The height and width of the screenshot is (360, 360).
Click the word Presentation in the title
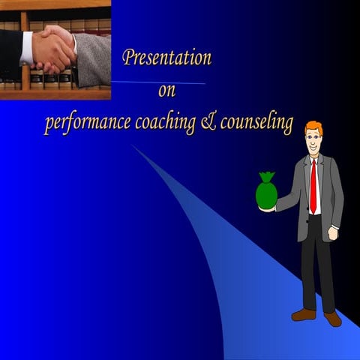pos(166,58)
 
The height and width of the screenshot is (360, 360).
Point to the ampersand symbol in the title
pos(208,124)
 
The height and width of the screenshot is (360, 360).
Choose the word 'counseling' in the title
pos(255,124)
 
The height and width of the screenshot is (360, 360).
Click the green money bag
pos(266,192)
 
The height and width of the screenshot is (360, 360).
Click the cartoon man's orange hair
pos(314,127)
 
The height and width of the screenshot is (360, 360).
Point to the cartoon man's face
pos(313,140)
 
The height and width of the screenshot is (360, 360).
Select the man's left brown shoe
pos(303,313)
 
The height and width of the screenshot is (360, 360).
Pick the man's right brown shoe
pos(332,318)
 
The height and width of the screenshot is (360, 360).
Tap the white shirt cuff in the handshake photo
pos(28,47)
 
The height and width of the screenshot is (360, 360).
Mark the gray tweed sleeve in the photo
pos(91,58)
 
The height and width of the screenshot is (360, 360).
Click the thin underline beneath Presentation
pos(157,82)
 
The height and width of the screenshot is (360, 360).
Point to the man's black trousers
pos(317,262)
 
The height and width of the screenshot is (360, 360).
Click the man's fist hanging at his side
pos(333,233)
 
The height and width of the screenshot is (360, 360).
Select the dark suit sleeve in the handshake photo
pos(10,52)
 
